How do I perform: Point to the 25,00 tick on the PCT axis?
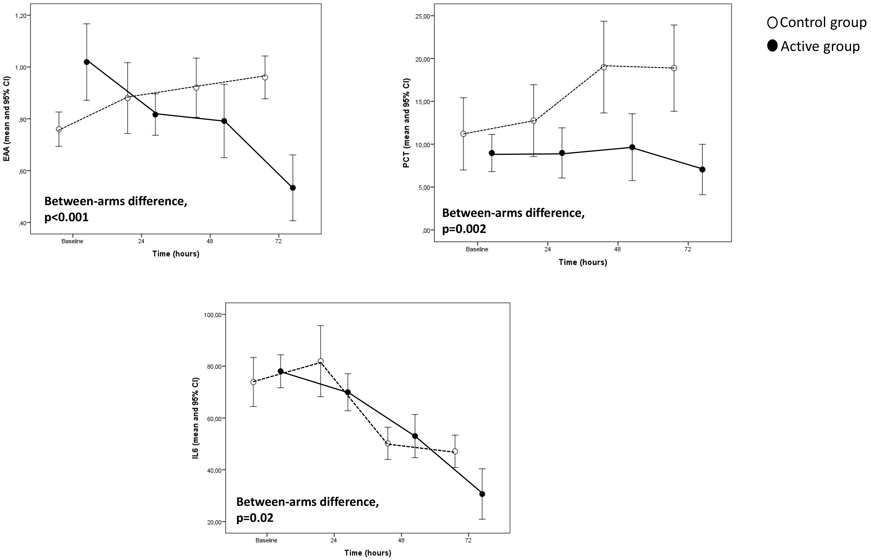coord(422,16)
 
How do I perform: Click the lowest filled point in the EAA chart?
coord(292,188)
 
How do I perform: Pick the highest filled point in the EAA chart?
coord(86,62)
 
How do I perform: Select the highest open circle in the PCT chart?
coord(604,67)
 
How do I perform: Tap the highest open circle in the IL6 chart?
coord(320,361)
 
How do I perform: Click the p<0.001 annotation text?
coord(66,217)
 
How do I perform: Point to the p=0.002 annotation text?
coord(464,229)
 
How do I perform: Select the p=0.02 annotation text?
coord(255,518)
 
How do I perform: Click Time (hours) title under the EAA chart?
coord(176,254)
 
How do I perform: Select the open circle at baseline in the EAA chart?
coord(59,129)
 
